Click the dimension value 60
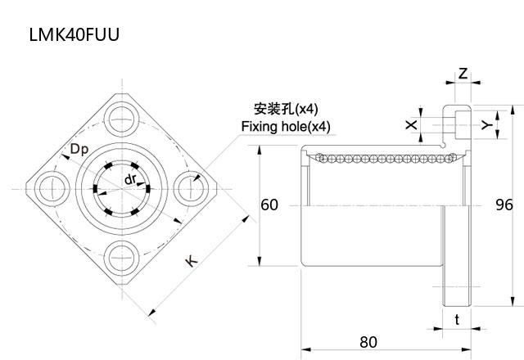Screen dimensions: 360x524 [x=269, y=205]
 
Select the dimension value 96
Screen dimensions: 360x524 [x=504, y=205]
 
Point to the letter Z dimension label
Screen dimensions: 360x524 [x=463, y=74]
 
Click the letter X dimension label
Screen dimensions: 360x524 [x=411, y=125]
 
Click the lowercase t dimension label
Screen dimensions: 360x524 [x=456, y=320]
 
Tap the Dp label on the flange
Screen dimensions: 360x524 [x=79, y=150]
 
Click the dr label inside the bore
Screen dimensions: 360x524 [x=130, y=178]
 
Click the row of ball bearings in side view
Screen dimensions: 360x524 [x=377, y=156]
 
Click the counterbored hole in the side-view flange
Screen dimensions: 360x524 [x=456, y=124]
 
